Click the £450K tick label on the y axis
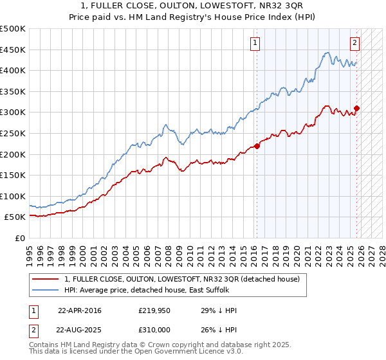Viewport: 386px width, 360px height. pyautogui.click(x=13, y=50)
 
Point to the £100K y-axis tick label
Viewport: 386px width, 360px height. pyautogui.click(x=13, y=196)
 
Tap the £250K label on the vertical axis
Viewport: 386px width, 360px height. pyautogui.click(x=13, y=133)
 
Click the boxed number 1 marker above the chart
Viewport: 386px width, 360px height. pyautogui.click(x=255, y=43)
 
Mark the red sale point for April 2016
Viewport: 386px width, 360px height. pyautogui.click(x=257, y=146)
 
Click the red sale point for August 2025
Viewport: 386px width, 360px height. pyautogui.click(x=357, y=108)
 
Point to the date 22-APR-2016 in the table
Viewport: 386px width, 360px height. pyautogui.click(x=79, y=310)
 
